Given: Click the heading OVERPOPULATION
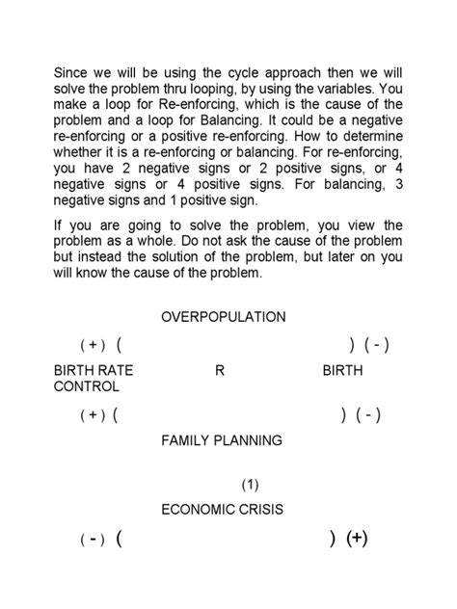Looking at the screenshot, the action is [x=224, y=317].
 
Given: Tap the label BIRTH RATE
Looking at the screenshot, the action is [x=94, y=371].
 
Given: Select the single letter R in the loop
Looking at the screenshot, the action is [x=220, y=371].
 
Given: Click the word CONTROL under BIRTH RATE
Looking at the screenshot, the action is [x=88, y=386].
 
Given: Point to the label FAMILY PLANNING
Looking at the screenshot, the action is [x=222, y=440].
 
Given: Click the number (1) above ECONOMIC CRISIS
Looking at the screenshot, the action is [x=250, y=486].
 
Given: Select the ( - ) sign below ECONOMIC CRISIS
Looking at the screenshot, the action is [x=92, y=540].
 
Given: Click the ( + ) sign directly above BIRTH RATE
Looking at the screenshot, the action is [x=92, y=345].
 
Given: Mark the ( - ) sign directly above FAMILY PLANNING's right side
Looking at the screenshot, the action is [x=367, y=415].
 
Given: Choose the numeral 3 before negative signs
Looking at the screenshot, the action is [x=399, y=184].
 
